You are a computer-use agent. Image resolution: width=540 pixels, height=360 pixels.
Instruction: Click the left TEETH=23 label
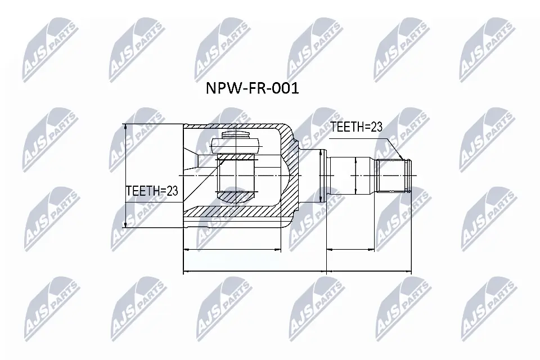[x=151, y=191]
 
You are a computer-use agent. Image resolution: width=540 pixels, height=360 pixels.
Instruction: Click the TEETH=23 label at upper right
[x=356, y=127]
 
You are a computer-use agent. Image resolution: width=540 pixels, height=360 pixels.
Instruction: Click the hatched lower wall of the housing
[x=236, y=211]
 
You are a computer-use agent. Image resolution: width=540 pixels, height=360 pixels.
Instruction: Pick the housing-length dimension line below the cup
[x=232, y=249]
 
